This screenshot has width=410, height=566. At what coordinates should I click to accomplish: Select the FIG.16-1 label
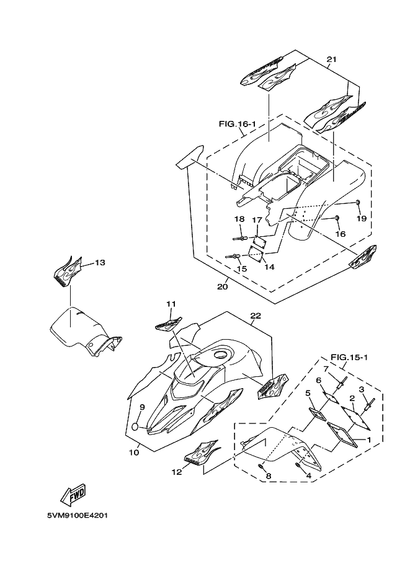[x=238, y=124]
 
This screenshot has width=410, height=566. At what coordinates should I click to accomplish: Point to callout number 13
[x=100, y=263]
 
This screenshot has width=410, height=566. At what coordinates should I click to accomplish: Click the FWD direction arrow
[x=73, y=494]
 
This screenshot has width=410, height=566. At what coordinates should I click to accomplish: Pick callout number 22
[x=255, y=316]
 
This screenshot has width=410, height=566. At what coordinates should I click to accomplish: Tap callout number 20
[x=222, y=286]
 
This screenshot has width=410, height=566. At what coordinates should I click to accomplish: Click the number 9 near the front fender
[x=141, y=407]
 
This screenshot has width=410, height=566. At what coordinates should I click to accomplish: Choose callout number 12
[x=177, y=472]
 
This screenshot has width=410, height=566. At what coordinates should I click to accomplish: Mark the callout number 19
[x=361, y=219]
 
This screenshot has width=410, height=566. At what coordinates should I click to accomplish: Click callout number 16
[x=340, y=234]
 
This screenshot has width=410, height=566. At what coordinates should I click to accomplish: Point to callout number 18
[x=239, y=219]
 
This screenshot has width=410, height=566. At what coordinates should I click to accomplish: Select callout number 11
[x=171, y=304]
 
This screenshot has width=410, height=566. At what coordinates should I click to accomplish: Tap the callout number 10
[x=134, y=453]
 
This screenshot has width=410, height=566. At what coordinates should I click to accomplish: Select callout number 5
[x=308, y=393]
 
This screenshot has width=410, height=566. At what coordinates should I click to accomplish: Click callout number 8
[x=269, y=475]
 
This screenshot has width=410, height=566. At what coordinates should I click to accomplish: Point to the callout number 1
[x=370, y=440]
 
